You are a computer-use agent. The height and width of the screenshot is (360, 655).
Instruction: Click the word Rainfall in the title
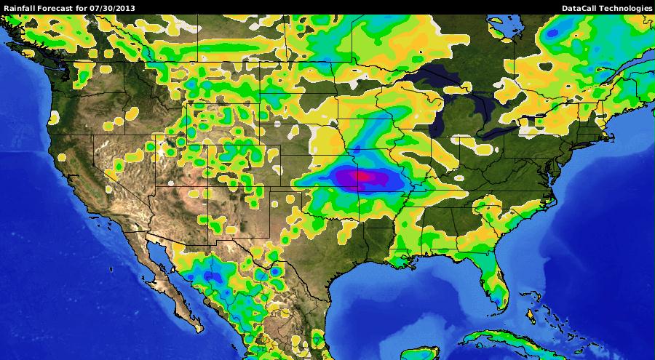(19, 8)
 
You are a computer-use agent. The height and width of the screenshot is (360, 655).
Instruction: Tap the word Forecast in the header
(57, 8)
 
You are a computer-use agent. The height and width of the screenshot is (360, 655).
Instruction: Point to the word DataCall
(579, 8)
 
